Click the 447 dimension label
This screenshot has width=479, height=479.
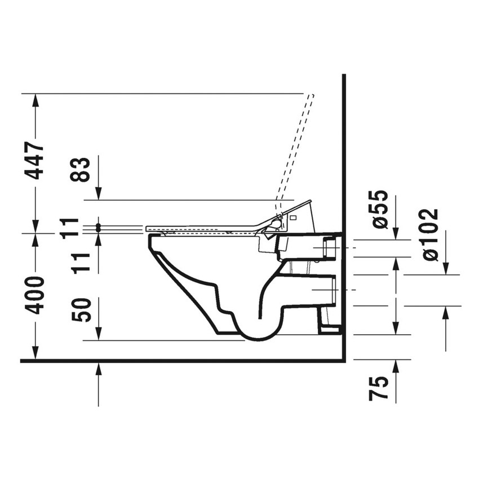point(36,161)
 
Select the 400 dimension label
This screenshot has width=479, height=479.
point(36,295)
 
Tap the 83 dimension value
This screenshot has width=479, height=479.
point(82,170)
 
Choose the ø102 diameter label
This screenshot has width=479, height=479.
point(429,235)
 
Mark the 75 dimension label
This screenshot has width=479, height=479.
point(380,389)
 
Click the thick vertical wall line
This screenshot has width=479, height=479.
point(343,169)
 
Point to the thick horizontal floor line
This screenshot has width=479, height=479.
point(169,360)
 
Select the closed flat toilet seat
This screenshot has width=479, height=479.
point(203,228)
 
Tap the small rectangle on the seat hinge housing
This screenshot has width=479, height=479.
point(294,216)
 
